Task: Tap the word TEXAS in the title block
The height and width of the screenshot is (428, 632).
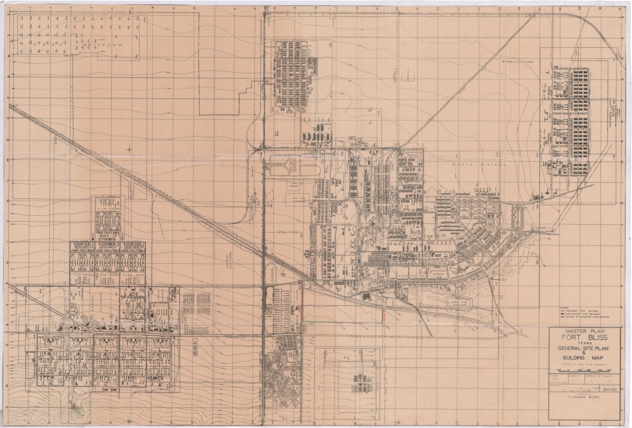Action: pyautogui.click(x=585, y=345)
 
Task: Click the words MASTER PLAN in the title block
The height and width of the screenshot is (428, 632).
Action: pyautogui.click(x=585, y=331)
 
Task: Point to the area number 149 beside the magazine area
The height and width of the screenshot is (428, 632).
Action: pyautogui.click(x=144, y=19)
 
